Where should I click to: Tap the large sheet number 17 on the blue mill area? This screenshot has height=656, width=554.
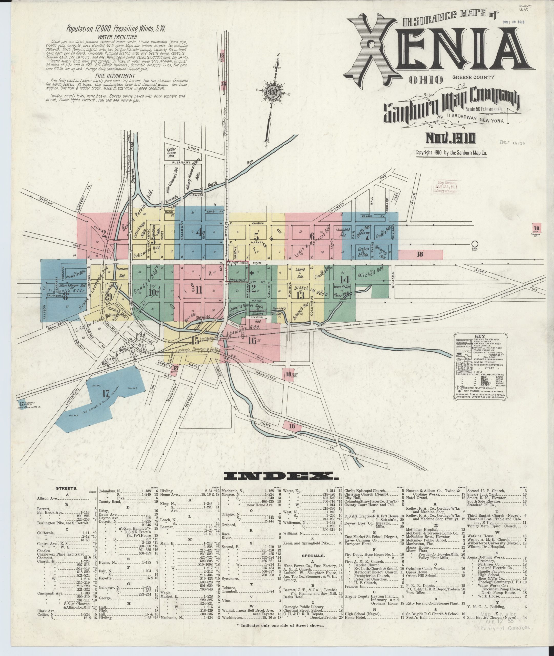point(106,393)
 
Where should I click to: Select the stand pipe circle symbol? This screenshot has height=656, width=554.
point(475,244)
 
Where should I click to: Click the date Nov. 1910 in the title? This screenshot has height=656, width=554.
point(450,138)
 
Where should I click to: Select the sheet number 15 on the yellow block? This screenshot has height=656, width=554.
point(195,340)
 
